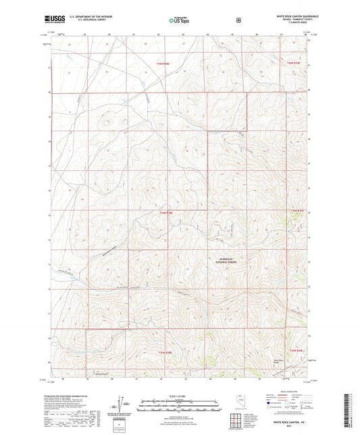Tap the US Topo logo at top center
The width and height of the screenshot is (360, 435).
point(179,21)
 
